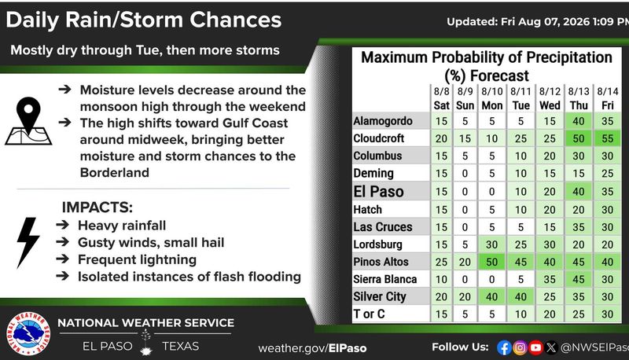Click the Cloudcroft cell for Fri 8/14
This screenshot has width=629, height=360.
(x=607, y=138)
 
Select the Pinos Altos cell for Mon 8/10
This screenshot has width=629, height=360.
(x=492, y=262)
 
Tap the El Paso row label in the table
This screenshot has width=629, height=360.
(x=378, y=191)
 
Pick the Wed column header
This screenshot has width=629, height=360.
(x=550, y=105)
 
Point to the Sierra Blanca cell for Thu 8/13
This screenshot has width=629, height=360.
(x=579, y=279)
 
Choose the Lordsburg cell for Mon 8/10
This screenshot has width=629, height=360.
(x=492, y=244)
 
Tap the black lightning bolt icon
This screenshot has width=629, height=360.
(x=28, y=242)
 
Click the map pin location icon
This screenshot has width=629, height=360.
(x=28, y=121)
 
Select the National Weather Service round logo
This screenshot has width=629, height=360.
(x=28, y=333)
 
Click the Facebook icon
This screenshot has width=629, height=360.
(x=504, y=347)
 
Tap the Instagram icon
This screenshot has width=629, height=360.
(x=520, y=347)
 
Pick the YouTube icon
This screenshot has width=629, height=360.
(x=535, y=347)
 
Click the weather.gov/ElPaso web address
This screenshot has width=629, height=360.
(x=312, y=348)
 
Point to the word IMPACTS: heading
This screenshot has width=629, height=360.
(x=97, y=208)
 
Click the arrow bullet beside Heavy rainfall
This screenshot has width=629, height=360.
(x=63, y=225)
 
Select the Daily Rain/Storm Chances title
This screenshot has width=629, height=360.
(x=144, y=20)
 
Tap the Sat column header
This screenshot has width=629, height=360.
(x=441, y=105)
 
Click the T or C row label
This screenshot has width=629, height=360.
(x=369, y=314)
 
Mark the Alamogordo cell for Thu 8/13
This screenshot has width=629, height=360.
(x=579, y=121)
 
